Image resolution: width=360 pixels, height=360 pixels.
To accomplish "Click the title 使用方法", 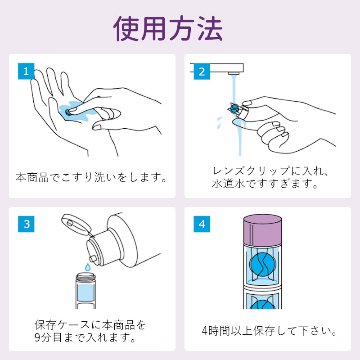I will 179,27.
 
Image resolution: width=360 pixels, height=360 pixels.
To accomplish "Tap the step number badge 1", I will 25,72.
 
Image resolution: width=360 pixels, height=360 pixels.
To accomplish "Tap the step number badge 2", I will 203,72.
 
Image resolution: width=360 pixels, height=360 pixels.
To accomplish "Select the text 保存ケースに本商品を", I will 89,324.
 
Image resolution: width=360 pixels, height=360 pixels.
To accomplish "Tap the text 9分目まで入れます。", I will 89,339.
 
